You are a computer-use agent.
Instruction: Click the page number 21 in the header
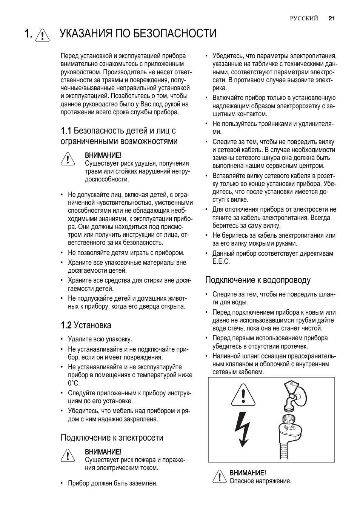(332, 18)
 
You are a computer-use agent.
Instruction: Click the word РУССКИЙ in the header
(304, 18)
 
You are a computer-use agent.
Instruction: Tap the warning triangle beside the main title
(43, 35)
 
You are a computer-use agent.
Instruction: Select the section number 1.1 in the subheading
(66, 131)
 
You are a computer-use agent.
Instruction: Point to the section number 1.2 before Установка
(66, 325)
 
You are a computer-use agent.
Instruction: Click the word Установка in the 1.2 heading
(92, 325)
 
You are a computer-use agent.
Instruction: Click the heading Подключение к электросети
(112, 438)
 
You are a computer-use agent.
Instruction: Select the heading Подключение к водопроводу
(258, 280)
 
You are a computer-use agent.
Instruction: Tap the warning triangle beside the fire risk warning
(67, 455)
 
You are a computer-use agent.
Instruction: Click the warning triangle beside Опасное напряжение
(219, 476)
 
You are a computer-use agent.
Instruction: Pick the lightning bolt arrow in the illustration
(242, 428)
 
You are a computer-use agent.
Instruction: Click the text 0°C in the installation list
(74, 383)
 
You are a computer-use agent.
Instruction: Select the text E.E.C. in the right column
(221, 261)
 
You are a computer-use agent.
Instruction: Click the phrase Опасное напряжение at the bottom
(260, 481)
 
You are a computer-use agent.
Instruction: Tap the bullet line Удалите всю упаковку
(100, 339)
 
